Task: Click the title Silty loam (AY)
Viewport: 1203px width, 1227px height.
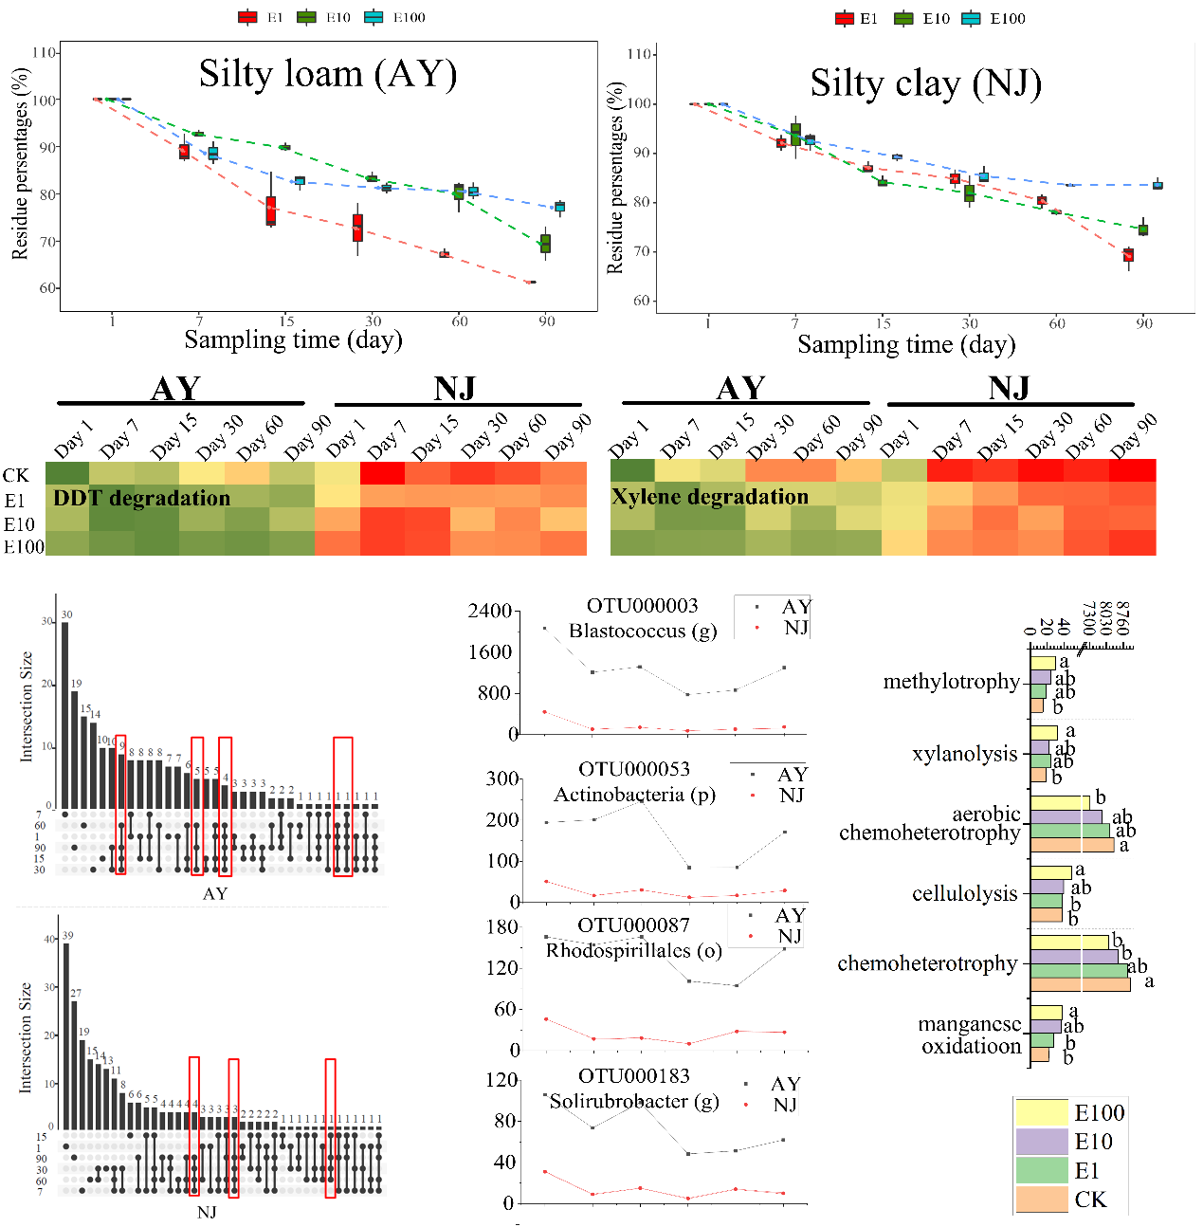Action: coord(328,74)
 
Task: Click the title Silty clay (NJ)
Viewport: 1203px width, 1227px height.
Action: coord(925,83)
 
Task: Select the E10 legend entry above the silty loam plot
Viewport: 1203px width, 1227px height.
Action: coord(323,17)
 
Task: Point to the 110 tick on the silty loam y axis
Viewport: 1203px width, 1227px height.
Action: coord(45,52)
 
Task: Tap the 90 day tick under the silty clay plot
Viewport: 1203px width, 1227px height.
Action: coord(1144,323)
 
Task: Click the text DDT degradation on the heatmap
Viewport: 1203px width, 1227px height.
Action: coord(142,498)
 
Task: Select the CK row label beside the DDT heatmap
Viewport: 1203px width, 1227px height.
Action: coord(16,475)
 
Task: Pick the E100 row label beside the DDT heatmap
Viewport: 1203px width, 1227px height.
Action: coord(24,547)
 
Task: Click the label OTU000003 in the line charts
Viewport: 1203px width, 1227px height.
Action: coord(642,605)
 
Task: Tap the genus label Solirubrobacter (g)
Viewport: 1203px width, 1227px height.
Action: coord(634,1101)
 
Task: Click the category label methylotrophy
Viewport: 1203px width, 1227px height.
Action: coord(951,681)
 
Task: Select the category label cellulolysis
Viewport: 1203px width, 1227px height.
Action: coord(964,893)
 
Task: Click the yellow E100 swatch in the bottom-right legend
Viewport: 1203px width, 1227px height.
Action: coord(1041,1112)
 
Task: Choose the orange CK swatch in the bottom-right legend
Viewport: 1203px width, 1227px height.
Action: coord(1041,1200)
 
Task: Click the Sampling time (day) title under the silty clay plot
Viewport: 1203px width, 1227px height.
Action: coord(906,344)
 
